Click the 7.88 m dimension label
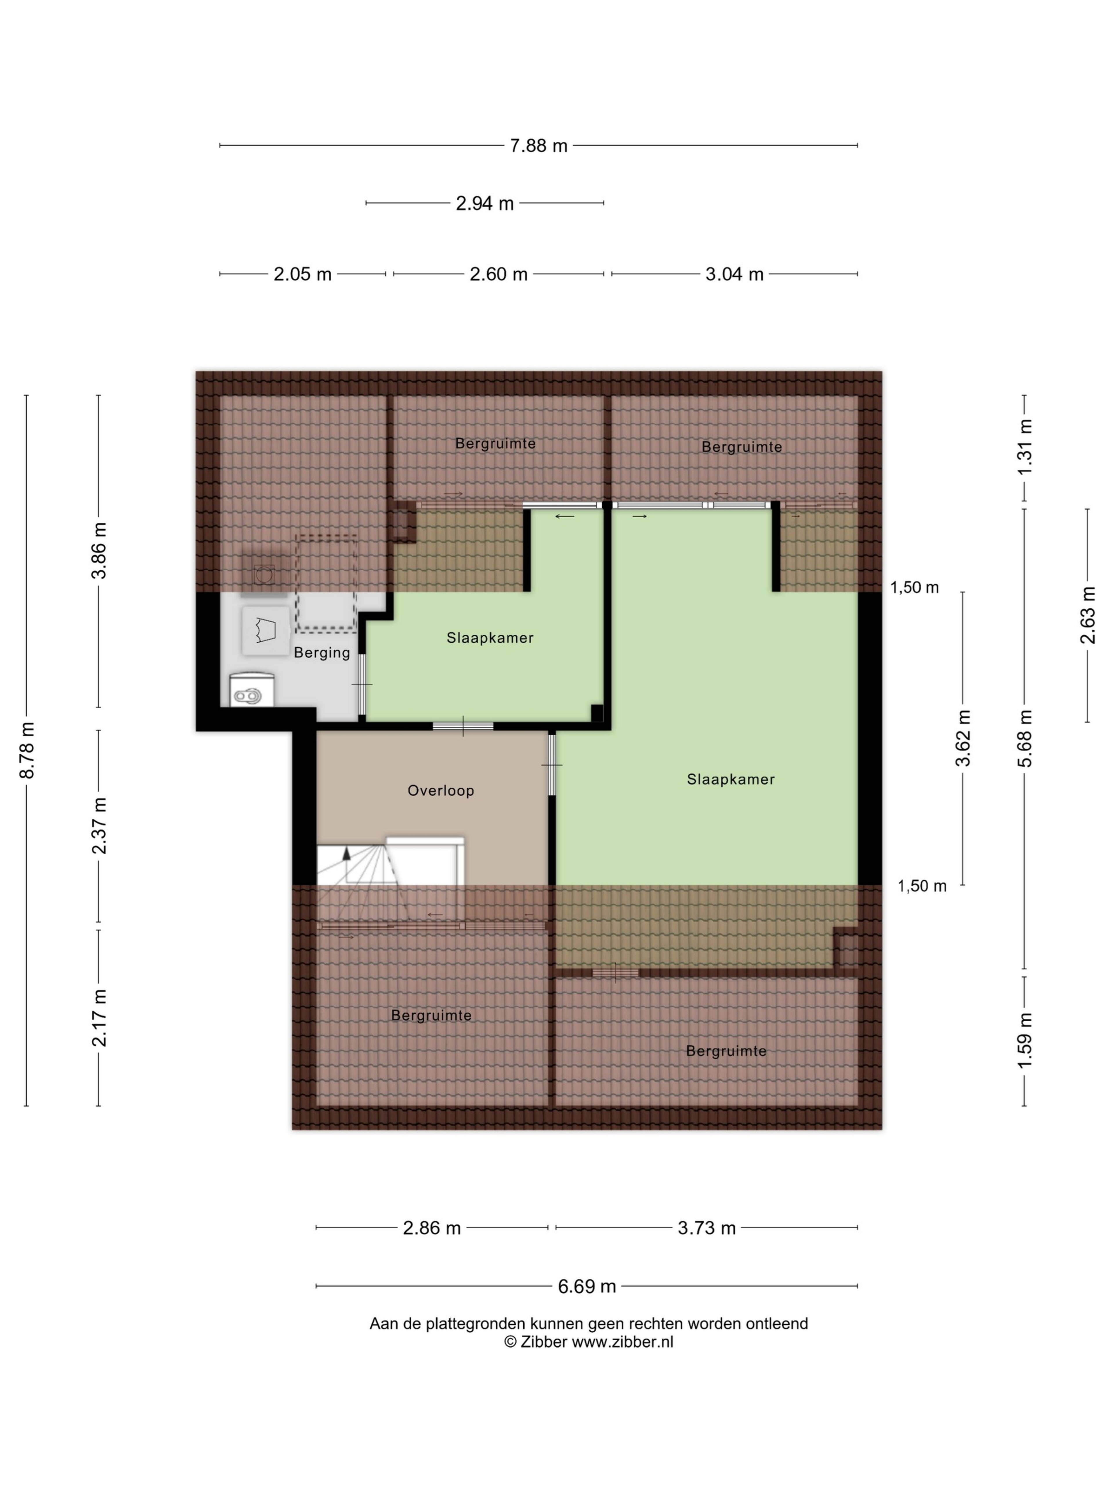point(538,145)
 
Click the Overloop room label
point(440,791)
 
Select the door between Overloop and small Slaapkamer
point(463,726)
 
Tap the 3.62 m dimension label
point(964,738)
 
